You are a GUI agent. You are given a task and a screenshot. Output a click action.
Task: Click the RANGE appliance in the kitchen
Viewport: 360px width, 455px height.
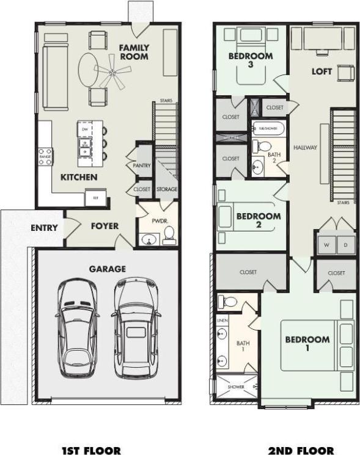45,157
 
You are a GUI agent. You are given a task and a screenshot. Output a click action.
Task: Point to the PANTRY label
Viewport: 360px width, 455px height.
141,165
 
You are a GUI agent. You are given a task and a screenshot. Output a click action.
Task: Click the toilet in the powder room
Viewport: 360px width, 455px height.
168,233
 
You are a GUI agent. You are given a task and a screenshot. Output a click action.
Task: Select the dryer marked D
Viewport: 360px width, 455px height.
345,246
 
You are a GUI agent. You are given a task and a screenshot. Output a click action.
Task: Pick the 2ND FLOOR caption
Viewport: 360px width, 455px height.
301,450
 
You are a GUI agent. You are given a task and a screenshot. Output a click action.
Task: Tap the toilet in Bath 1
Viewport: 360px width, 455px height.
227,301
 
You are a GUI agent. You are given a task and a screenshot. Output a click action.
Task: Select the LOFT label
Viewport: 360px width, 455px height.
321,71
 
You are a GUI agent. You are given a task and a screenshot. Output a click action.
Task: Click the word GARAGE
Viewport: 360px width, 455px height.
108,268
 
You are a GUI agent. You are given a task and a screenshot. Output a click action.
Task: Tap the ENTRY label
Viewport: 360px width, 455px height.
44,228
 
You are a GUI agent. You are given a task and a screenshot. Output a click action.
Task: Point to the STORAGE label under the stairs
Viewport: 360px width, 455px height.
166,189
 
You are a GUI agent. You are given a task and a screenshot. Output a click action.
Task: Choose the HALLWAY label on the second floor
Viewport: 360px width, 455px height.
304,148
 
